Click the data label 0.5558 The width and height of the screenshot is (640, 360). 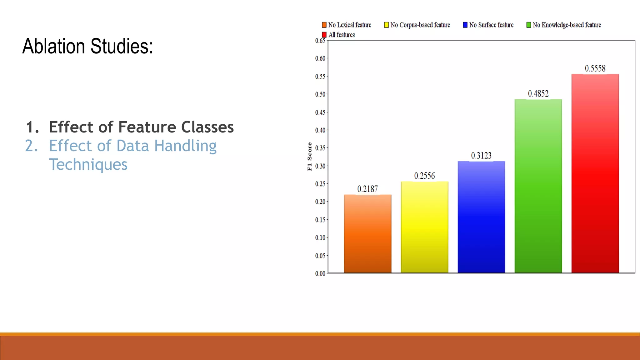[595, 68]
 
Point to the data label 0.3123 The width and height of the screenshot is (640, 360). [481, 156]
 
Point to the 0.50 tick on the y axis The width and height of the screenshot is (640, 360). [320, 94]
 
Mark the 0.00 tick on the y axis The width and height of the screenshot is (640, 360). [320, 274]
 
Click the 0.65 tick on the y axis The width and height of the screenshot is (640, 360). [320, 41]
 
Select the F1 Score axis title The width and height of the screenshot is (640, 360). [309, 156]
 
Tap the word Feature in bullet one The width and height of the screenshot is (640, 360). [147, 127]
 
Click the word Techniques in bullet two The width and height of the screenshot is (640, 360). [88, 164]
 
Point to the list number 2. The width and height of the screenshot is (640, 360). [31, 146]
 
